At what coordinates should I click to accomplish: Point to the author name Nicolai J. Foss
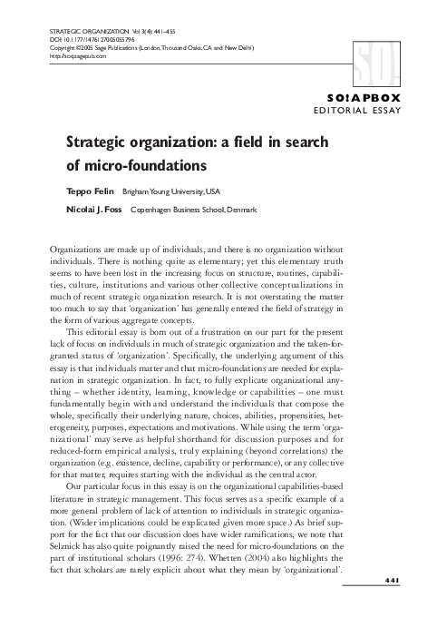(x=95, y=210)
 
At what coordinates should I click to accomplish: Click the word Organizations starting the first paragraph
(x=75, y=248)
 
